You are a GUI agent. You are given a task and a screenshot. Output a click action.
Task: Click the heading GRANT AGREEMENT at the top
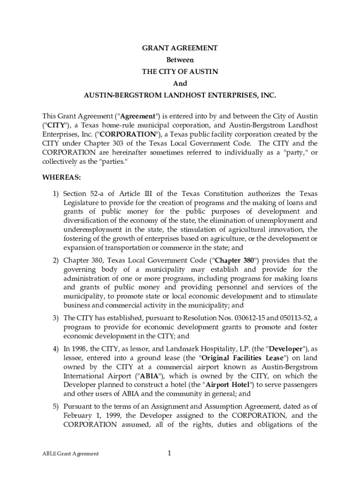pyautogui.click(x=180, y=48)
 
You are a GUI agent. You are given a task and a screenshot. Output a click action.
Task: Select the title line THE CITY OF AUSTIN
pyautogui.click(x=180, y=72)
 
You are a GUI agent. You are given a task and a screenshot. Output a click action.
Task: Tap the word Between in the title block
pyautogui.click(x=180, y=60)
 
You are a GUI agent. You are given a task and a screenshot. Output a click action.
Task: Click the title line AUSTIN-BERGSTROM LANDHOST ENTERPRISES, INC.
pyautogui.click(x=180, y=95)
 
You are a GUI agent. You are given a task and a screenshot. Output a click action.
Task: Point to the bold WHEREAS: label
pyautogui.click(x=61, y=178)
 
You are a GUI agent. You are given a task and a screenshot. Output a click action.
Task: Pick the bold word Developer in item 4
pyautogui.click(x=285, y=349)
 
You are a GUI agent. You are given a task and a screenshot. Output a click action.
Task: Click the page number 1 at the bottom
pyautogui.click(x=170, y=453)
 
